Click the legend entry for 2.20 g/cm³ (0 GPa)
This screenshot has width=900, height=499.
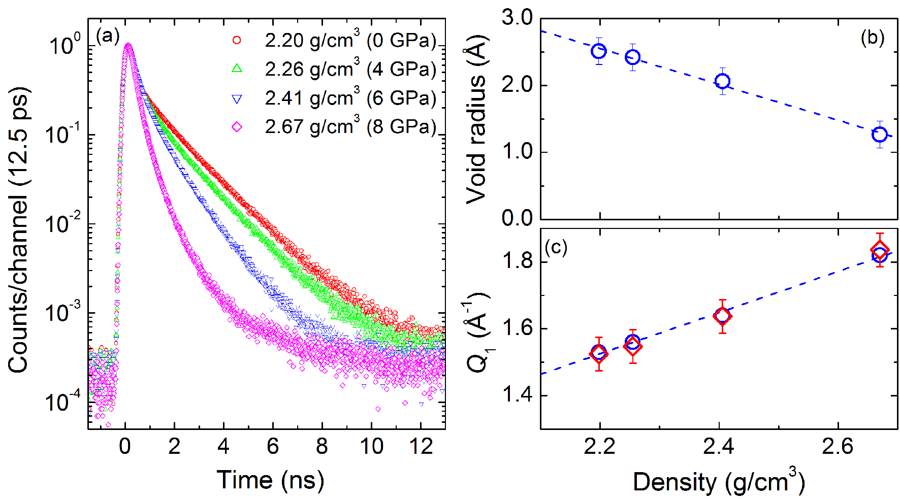tap(350, 41)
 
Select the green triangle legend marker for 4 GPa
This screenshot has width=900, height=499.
tap(237, 69)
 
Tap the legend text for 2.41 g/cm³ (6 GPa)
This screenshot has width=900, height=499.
tap(350, 98)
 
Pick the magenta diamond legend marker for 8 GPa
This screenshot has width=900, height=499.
tap(237, 127)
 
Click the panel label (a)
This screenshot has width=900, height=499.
tap(107, 36)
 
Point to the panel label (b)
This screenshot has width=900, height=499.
tap(873, 38)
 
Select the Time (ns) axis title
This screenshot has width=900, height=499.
tap(270, 480)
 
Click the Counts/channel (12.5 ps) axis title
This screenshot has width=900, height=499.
tap(19, 229)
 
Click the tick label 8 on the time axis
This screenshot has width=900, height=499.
tap(322, 447)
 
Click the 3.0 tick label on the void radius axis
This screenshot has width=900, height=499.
tap(517, 18)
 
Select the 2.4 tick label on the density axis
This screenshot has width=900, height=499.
tap(718, 447)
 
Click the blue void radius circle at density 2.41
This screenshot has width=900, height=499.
tap(722, 81)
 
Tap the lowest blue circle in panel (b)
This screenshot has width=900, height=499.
tap(879, 135)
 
